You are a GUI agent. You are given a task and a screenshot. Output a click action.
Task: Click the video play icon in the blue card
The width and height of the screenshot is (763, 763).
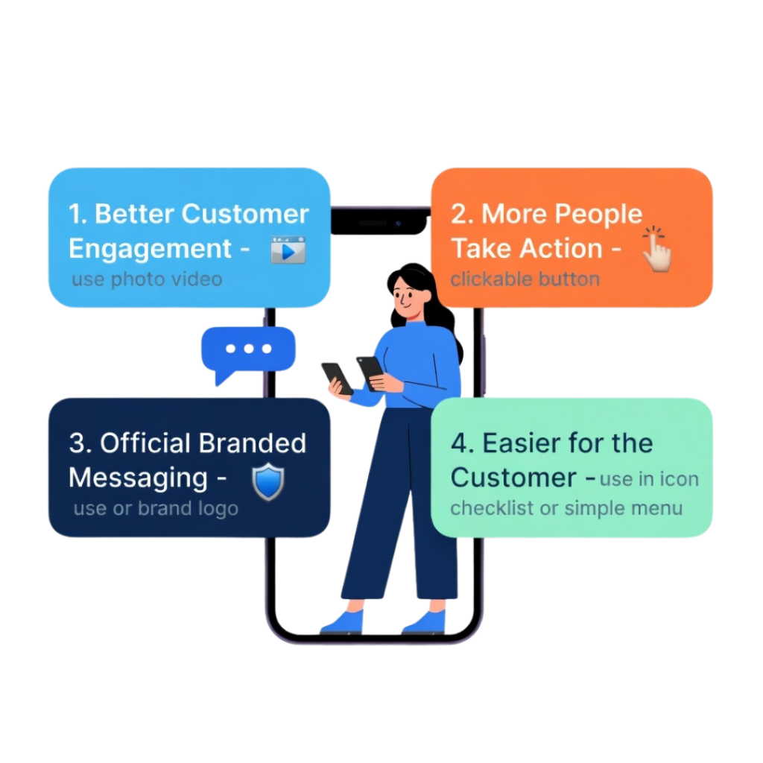pyautogui.click(x=288, y=250)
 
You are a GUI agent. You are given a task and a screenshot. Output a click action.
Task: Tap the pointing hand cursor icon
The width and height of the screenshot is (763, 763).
pyautogui.click(x=657, y=250)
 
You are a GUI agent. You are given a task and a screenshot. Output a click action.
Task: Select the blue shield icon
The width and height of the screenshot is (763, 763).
pyautogui.click(x=267, y=482)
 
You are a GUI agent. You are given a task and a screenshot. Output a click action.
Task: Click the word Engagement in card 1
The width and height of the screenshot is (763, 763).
pyautogui.click(x=150, y=249)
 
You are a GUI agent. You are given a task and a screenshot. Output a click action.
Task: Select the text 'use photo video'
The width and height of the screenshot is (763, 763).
pyautogui.click(x=147, y=280)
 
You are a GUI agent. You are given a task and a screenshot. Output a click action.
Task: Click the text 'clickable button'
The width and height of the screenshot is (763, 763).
pyautogui.click(x=525, y=280)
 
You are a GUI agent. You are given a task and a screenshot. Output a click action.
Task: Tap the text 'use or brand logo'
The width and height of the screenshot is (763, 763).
pyautogui.click(x=156, y=510)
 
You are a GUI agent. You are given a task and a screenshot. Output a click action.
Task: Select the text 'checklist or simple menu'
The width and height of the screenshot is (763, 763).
pyautogui.click(x=566, y=510)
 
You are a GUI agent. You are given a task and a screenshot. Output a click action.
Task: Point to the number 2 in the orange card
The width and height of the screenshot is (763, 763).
pyautogui.click(x=459, y=215)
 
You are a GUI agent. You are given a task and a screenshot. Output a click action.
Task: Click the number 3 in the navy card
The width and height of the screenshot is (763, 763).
pyautogui.click(x=77, y=443)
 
